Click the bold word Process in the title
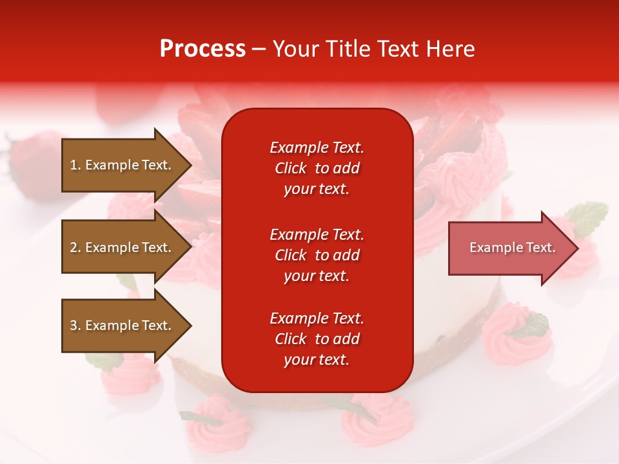coord(202,49)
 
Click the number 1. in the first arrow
coord(75,165)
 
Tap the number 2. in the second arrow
coord(75,247)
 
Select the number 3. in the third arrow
coord(75,325)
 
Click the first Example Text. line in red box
coord(317,148)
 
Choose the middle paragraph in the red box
coord(317,255)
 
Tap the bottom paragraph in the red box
coord(317,339)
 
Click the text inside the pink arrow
coord(513,247)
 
